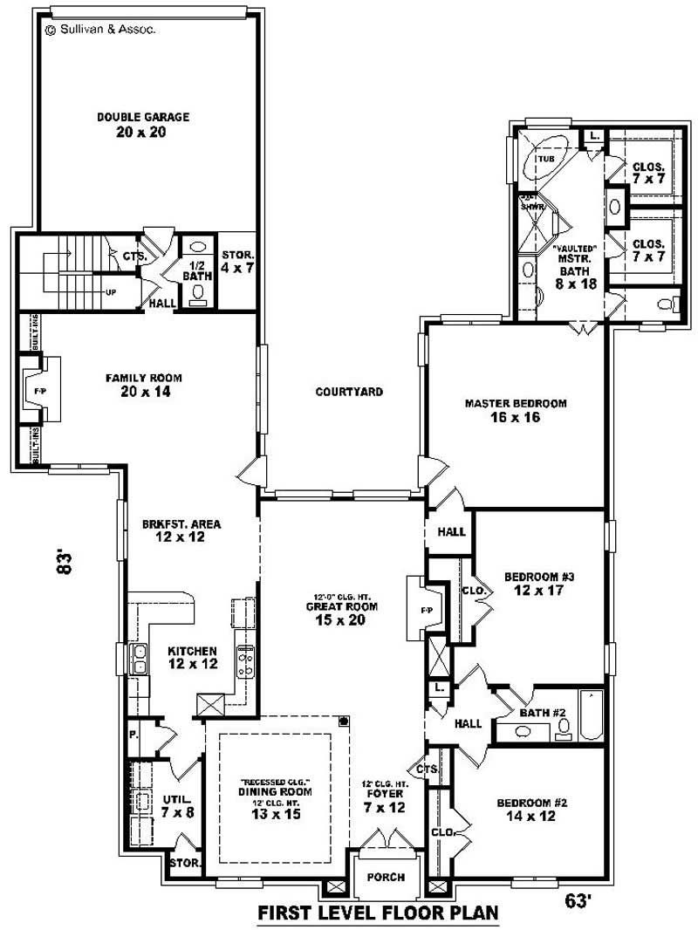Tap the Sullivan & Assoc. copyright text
(100, 29)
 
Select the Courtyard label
(349, 392)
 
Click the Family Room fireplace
(41, 390)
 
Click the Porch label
(385, 877)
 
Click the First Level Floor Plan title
(378, 913)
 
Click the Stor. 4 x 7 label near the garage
(236, 261)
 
